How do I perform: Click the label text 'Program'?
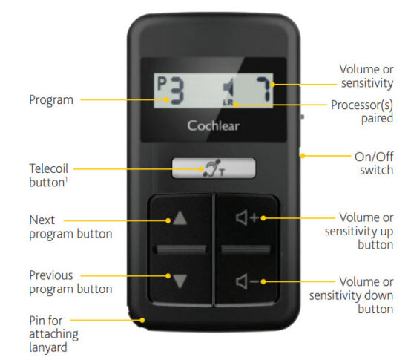pyautogui.click(x=50, y=99)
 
